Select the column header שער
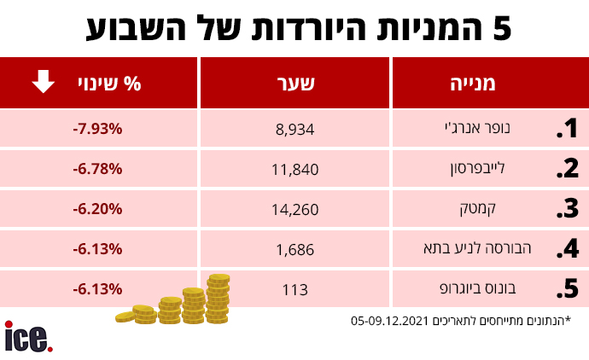tap(295, 84)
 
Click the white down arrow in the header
tap(44, 82)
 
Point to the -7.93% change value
tap(98, 129)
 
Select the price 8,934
tap(295, 130)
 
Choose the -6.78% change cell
tap(98, 168)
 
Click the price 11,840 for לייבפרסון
tap(294, 170)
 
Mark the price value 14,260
tap(294, 209)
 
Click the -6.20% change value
tap(98, 208)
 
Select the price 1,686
tap(295, 249)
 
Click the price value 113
tap(294, 289)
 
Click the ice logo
tap(28, 336)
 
